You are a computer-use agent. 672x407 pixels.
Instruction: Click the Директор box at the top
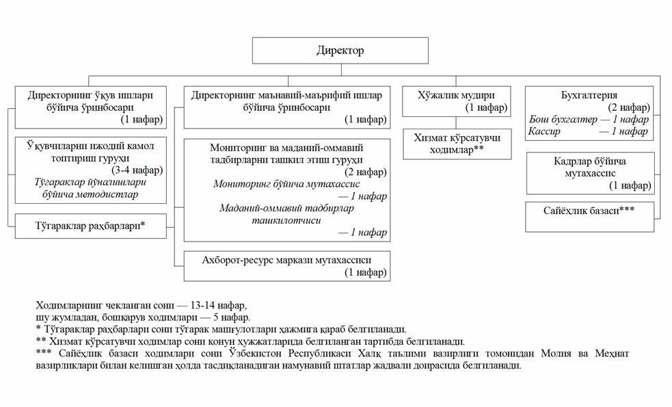[x=340, y=51]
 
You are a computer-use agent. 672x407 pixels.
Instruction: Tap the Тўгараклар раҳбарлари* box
[x=91, y=225]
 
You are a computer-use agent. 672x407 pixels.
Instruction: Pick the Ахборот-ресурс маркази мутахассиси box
[x=286, y=266]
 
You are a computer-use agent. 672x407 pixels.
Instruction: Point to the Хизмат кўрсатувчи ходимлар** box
[x=457, y=144]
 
